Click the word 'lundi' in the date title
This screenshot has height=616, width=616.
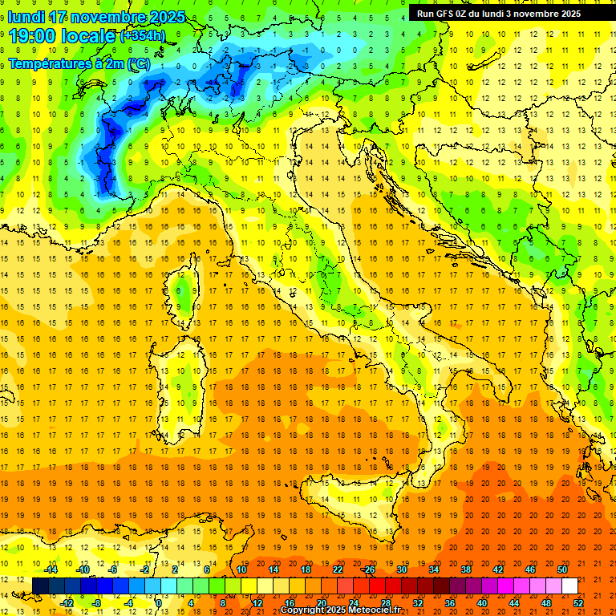(x=26, y=17)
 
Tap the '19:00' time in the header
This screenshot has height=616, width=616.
(x=31, y=36)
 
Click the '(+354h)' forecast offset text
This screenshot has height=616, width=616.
(x=143, y=36)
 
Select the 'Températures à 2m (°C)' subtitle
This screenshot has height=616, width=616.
(x=79, y=63)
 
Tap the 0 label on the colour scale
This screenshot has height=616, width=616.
(x=159, y=602)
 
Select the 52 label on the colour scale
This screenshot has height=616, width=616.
(x=578, y=602)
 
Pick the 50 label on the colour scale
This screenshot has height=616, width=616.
(x=562, y=569)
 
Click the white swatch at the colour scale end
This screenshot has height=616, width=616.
(x=569, y=586)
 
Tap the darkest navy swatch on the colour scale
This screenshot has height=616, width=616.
(x=41, y=586)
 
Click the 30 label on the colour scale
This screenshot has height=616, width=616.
(x=402, y=569)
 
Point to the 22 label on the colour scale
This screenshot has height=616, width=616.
(x=338, y=569)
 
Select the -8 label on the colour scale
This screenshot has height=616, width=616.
(x=97, y=602)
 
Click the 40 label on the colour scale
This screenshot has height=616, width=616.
(x=482, y=602)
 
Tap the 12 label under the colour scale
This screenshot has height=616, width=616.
(x=257, y=602)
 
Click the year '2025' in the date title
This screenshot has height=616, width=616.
(x=163, y=17)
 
